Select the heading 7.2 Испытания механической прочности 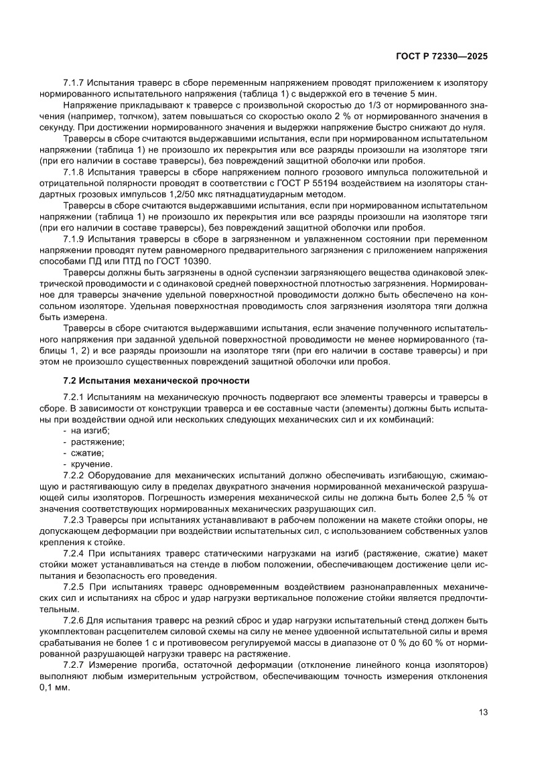(155, 381)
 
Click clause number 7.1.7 (74, 82)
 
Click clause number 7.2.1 (74, 397)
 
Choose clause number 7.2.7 (74, 664)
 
